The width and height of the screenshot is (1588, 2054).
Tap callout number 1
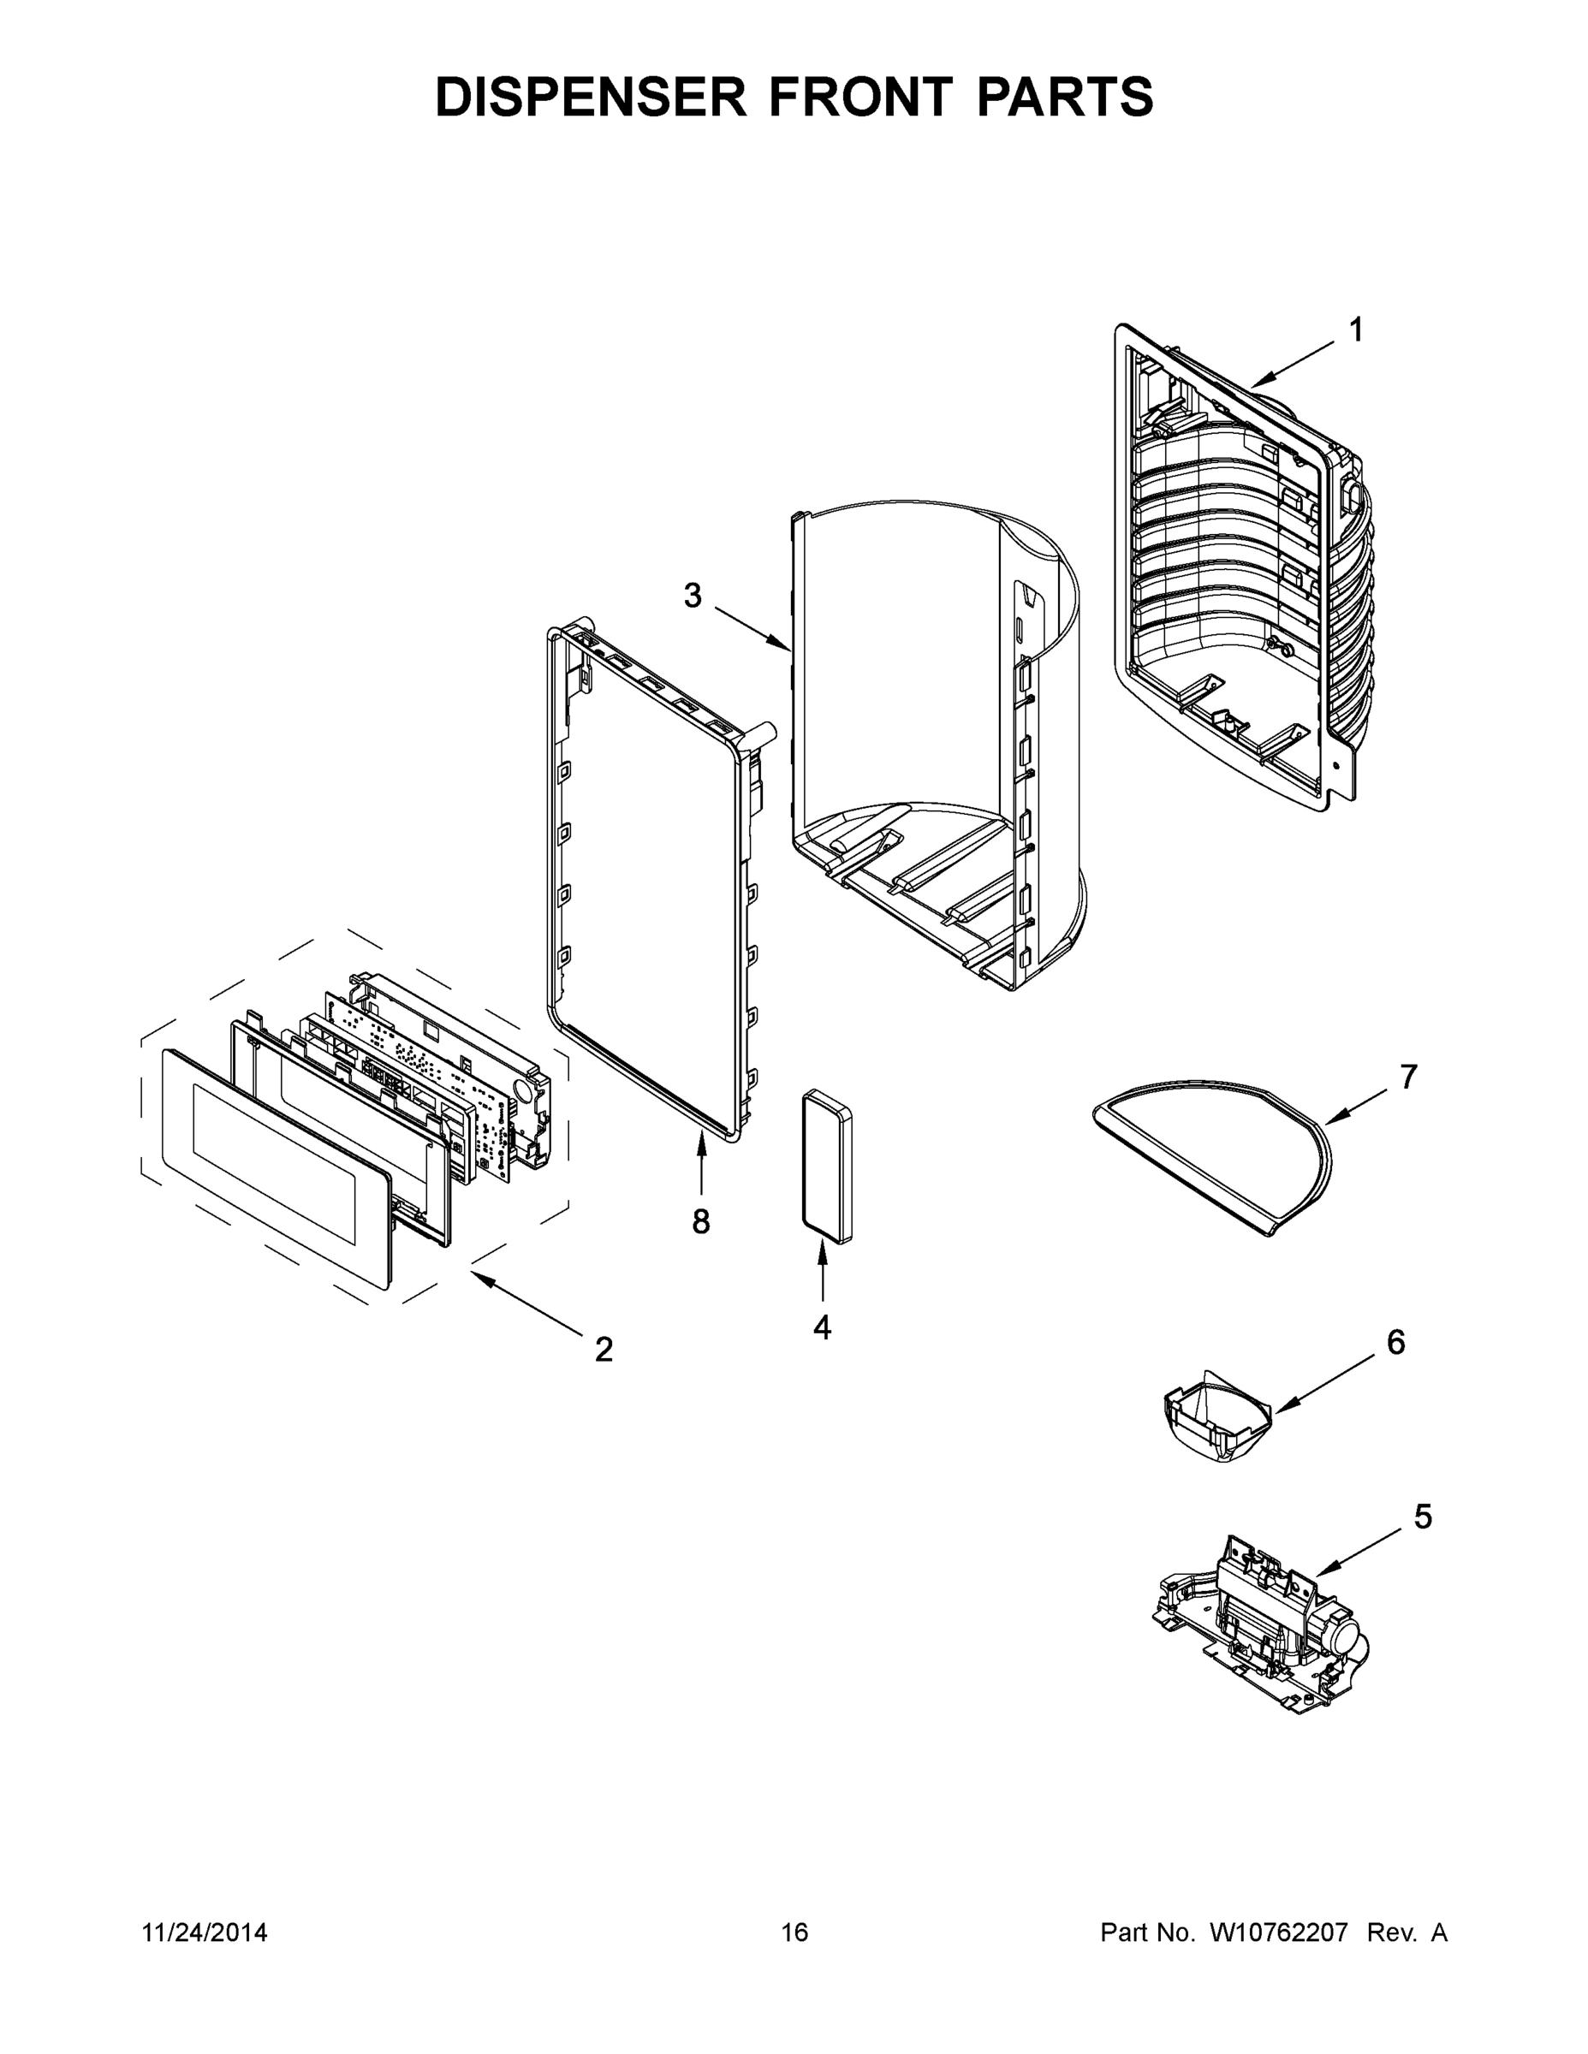(x=1356, y=330)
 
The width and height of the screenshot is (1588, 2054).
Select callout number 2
(x=604, y=1350)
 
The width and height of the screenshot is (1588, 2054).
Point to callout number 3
(x=693, y=596)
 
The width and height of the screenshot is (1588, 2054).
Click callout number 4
(x=822, y=1328)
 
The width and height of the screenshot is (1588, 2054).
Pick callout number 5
(x=1424, y=1516)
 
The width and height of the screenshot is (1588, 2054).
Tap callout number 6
(x=1396, y=1342)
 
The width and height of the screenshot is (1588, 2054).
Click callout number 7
(x=1408, y=1077)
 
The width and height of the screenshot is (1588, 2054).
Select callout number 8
(x=701, y=1220)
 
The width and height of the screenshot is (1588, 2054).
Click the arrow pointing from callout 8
(x=701, y=1167)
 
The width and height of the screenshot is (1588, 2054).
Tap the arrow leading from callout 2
(x=526, y=1303)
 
